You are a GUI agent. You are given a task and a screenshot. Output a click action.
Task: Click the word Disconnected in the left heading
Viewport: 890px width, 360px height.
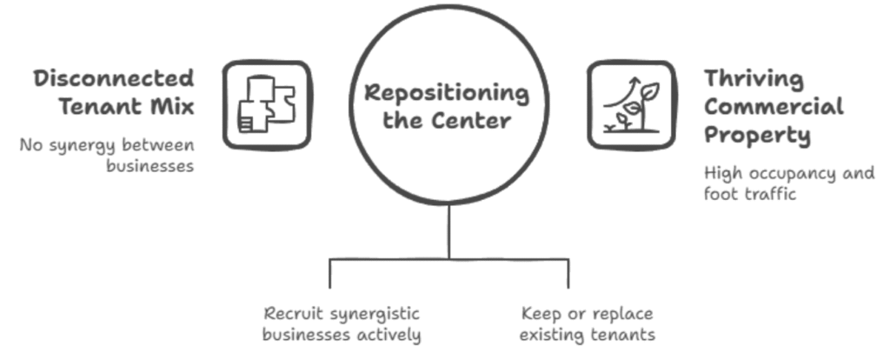coord(114,78)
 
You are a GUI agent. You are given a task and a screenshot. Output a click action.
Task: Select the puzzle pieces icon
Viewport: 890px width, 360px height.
coord(267,104)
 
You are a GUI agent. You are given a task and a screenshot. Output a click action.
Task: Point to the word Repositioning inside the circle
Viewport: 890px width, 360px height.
coord(446,92)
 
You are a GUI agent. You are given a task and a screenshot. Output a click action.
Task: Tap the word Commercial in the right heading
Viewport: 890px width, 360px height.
coord(774,107)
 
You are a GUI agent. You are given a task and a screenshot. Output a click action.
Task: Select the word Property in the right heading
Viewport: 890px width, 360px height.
coord(757,136)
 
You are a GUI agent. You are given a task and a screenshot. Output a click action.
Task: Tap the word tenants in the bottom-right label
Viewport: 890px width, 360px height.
coord(622,335)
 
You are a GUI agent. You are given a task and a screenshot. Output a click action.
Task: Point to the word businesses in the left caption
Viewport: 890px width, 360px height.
coord(149,167)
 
